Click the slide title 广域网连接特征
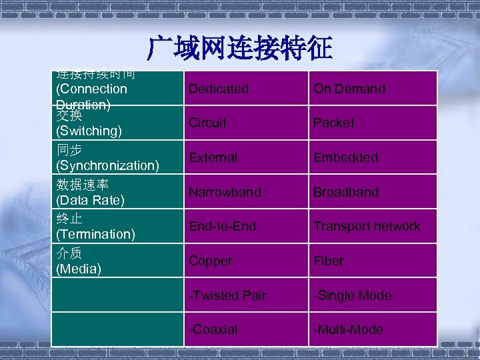(x=240, y=47)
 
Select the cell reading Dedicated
(x=218, y=89)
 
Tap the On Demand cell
(x=349, y=89)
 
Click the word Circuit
(x=207, y=123)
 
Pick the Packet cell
(x=334, y=123)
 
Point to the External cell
(x=213, y=158)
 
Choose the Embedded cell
(x=345, y=158)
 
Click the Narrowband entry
(x=225, y=192)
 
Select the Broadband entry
(x=345, y=192)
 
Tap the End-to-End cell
(x=222, y=227)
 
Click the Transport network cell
(x=367, y=227)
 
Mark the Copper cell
(x=210, y=261)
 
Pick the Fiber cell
(x=329, y=261)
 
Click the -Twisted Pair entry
(x=227, y=296)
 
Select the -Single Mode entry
(x=353, y=296)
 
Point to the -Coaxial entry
(x=213, y=330)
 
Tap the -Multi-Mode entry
(x=348, y=330)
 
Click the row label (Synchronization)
(x=107, y=165)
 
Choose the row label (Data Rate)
(x=91, y=199)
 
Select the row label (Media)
(x=79, y=269)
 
